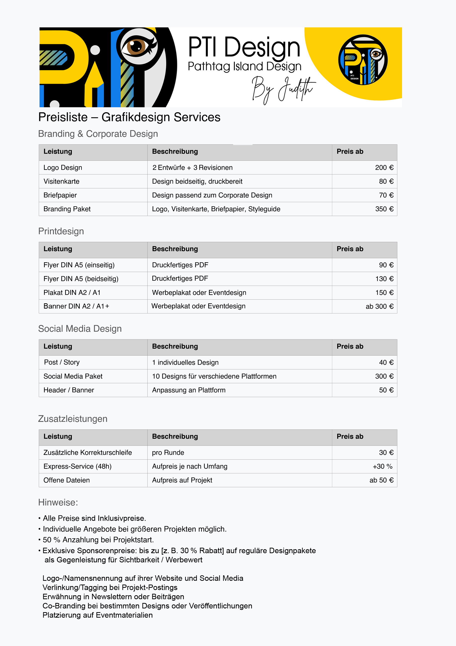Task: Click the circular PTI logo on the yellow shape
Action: coord(363,60)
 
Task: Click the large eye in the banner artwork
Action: coord(137,46)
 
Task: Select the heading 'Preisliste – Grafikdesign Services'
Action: coord(129,117)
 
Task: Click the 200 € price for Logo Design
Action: coord(384,168)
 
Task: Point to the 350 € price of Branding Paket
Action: coord(384,209)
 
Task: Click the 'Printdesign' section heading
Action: coord(61,231)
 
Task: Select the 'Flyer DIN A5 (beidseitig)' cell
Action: coord(81,279)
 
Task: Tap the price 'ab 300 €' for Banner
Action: coord(379,306)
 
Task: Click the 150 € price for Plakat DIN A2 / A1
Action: coord(384,293)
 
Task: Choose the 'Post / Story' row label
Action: coord(62,362)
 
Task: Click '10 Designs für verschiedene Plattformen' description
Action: coord(214,376)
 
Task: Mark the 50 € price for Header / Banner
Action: coord(386,390)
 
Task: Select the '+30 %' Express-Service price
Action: coord(382,466)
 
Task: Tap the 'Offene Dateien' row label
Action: coord(67,480)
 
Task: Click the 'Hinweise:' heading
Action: coord(58,502)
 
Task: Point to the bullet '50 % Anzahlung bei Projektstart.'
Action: coord(98,540)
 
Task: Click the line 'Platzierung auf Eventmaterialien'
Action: coord(97,615)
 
